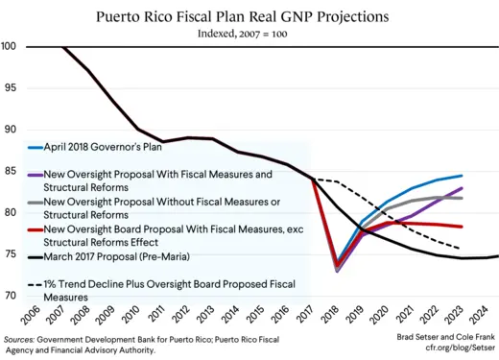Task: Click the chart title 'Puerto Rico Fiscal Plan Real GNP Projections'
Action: (x=249, y=16)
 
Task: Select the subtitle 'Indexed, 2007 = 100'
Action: (x=249, y=34)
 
